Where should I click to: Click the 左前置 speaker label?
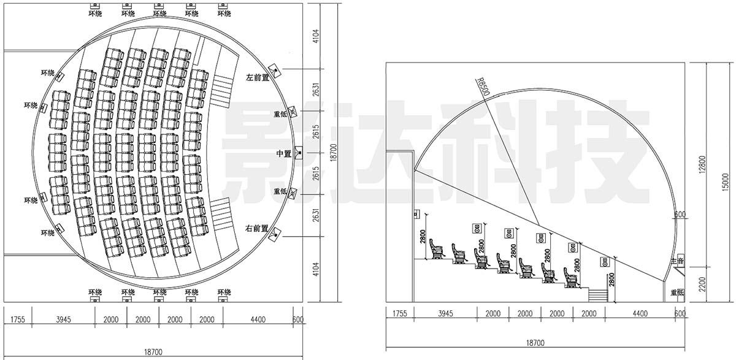click(x=258, y=77)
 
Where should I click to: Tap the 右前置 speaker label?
click(x=256, y=228)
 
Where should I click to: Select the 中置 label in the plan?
click(x=284, y=153)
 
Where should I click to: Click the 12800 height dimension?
click(x=702, y=164)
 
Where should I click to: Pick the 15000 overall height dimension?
click(x=726, y=182)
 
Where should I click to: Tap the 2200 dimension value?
click(x=702, y=284)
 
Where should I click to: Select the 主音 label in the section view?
click(x=677, y=261)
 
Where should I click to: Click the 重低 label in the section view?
click(x=677, y=292)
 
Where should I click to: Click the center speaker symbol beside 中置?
click(x=299, y=153)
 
